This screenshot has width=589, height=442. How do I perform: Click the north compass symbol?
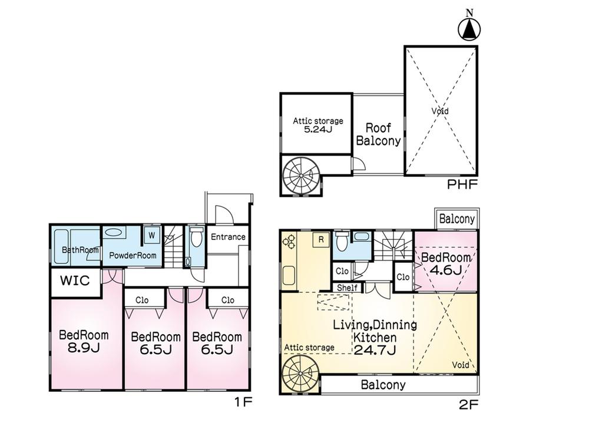[469, 26]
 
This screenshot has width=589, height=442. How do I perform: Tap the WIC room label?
[75, 281]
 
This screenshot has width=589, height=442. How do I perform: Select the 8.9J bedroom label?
[84, 342]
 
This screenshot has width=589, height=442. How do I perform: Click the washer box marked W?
[152, 235]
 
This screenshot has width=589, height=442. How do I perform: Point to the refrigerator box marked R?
[321, 239]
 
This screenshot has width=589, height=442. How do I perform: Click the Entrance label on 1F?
[228, 237]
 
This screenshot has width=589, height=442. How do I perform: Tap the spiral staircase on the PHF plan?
[301, 176]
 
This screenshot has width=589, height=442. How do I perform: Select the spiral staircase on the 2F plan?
[301, 374]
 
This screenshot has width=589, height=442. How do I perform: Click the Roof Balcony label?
[378, 134]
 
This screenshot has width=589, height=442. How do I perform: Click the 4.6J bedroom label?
[446, 264]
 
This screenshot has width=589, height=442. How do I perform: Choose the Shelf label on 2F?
[347, 288]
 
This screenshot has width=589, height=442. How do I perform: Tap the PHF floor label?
[462, 184]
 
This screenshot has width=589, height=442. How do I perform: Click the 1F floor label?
[243, 403]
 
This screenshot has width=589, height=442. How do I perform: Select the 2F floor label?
[468, 405]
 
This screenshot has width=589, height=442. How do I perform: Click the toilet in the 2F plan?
[342, 241]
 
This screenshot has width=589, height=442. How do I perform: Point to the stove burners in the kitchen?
[290, 242]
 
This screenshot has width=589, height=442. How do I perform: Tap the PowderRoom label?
[133, 256]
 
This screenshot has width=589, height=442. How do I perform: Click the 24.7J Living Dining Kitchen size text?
[375, 350]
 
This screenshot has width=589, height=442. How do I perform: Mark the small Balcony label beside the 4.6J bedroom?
[457, 219]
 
